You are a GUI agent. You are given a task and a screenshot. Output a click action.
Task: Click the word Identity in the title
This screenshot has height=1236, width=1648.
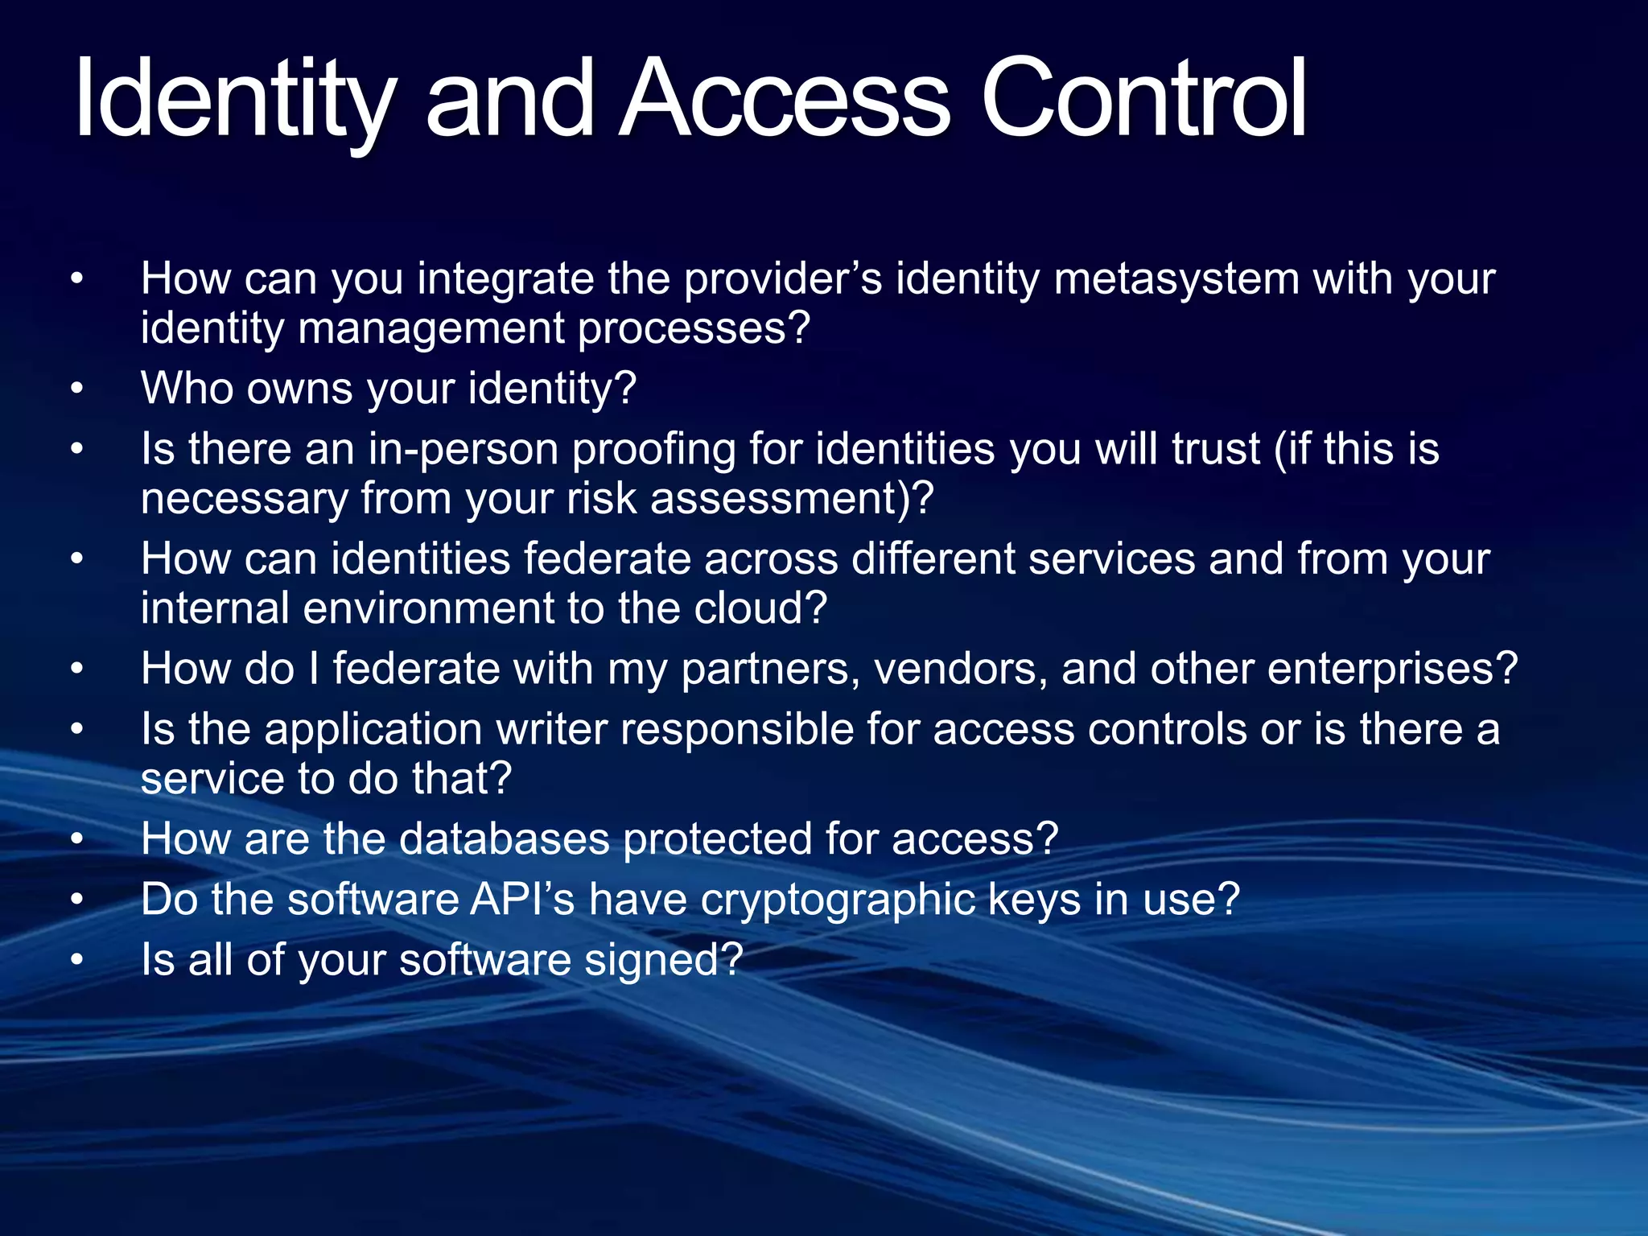pos(234,101)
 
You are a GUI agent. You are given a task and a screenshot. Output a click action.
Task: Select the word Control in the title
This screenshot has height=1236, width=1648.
pos(1143,101)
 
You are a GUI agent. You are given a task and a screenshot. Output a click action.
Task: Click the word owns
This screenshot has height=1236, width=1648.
pos(299,389)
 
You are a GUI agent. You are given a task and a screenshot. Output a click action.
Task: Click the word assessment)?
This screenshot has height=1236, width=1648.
pos(792,499)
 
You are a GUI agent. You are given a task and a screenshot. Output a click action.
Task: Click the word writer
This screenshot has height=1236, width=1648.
pos(551,730)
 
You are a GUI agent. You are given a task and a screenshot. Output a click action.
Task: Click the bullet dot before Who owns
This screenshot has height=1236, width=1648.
pos(76,389)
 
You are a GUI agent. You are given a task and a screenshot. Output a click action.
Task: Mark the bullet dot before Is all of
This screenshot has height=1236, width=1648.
pos(76,960)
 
